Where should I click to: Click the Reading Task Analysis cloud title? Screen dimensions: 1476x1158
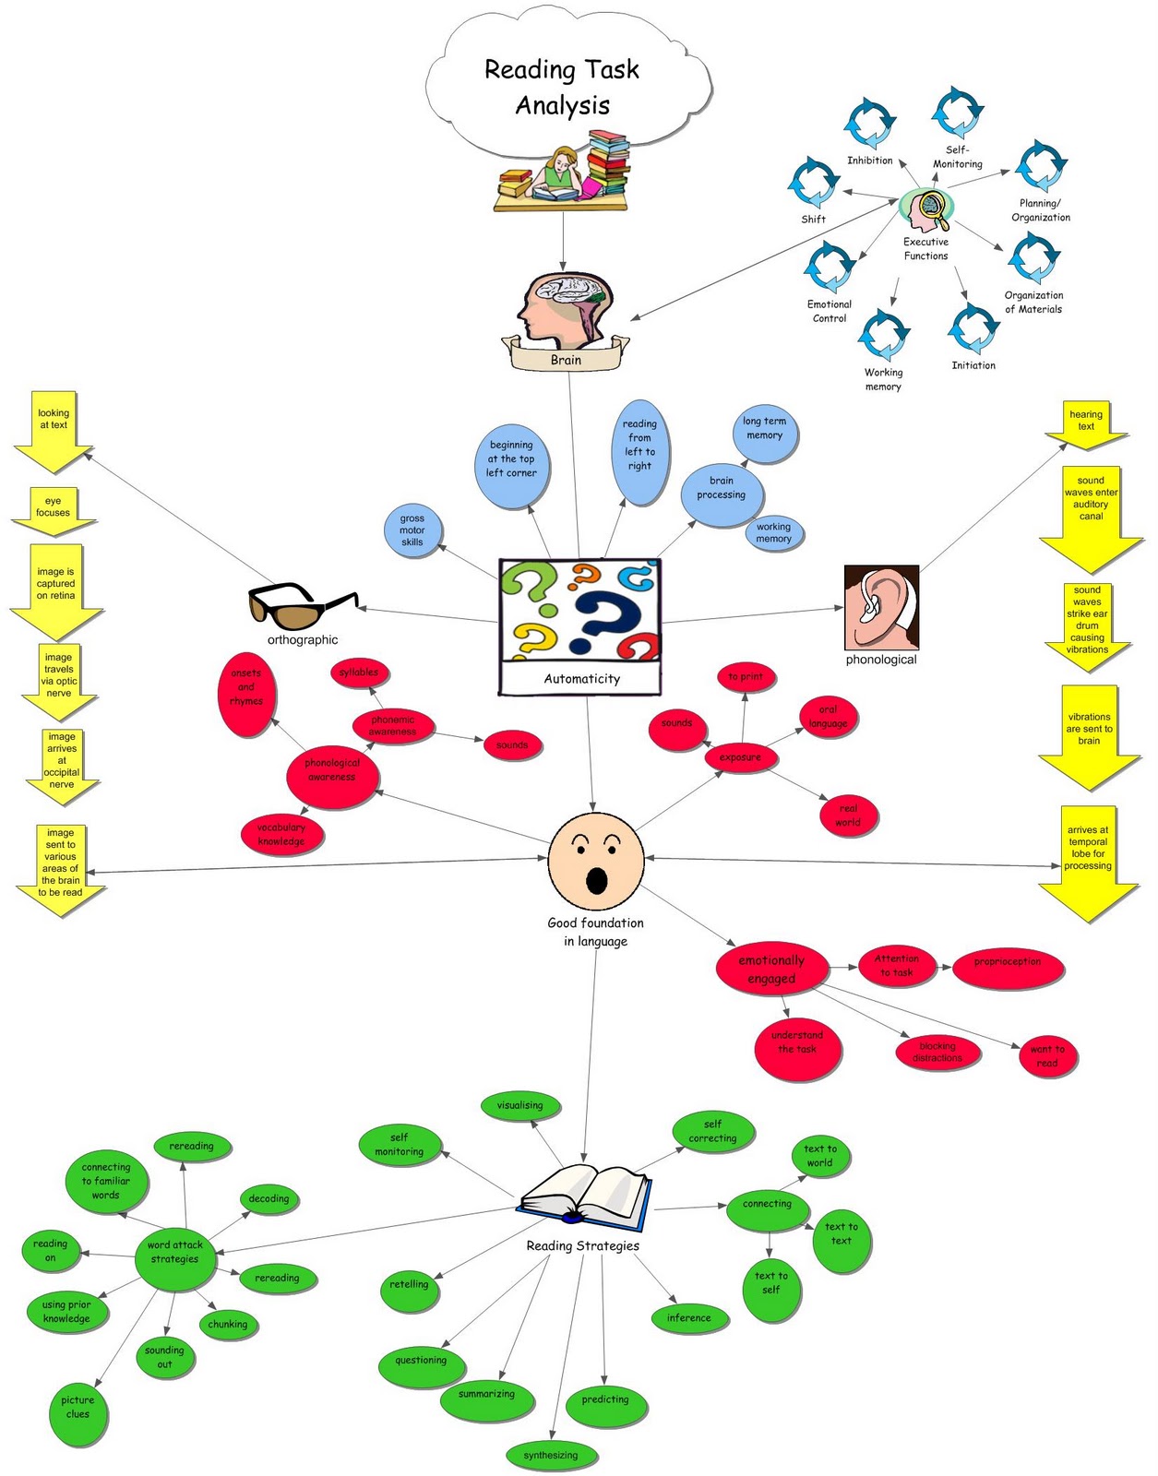562,88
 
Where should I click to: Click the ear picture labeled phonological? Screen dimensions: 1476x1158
881,608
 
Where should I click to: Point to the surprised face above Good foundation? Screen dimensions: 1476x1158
595,862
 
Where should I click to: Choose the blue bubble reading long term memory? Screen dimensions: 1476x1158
764,429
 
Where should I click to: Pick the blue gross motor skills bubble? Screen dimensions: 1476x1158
412,530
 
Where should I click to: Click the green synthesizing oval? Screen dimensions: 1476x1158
551,1456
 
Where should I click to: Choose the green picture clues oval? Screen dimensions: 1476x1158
78,1409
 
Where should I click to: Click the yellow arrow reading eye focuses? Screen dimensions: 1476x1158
53,510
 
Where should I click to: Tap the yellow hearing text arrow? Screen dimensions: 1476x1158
1086,423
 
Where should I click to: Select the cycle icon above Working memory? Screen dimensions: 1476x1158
884,336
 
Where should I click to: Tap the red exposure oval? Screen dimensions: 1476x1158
741,757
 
